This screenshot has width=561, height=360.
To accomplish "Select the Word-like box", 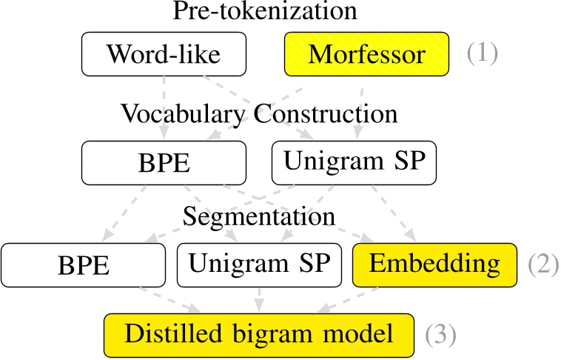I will click(164, 53).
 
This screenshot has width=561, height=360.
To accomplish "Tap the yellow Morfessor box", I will click(366, 53).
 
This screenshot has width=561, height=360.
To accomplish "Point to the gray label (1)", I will click(481, 53).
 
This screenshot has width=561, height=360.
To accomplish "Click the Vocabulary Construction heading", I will click(259, 115).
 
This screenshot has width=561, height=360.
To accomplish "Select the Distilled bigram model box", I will click(258, 334).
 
